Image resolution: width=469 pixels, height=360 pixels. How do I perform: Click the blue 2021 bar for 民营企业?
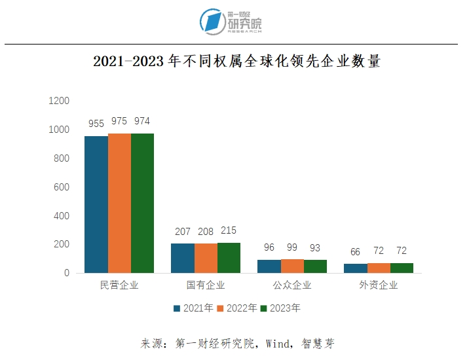(x=96, y=204)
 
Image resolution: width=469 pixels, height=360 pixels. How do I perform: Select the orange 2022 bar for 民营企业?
(x=119, y=203)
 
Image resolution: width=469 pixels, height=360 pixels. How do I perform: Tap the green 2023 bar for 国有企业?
(x=229, y=257)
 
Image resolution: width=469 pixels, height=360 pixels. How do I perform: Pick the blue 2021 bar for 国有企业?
(x=182, y=258)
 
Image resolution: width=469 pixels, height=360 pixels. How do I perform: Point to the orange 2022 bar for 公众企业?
(x=292, y=266)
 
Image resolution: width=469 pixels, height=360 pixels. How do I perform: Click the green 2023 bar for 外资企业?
(x=402, y=268)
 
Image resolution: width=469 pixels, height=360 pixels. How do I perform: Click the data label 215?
(x=229, y=230)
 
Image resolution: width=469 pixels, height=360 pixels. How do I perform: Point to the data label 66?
(x=355, y=251)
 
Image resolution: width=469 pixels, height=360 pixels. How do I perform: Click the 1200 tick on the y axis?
(x=59, y=101)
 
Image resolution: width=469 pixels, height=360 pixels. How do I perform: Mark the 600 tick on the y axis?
(x=61, y=187)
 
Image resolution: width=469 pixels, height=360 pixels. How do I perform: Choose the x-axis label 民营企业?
(x=119, y=285)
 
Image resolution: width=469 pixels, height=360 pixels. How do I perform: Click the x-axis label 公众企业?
(x=292, y=285)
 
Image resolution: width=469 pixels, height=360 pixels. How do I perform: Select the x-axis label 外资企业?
(x=379, y=285)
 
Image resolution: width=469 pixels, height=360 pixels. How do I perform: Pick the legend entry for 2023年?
(x=280, y=308)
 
